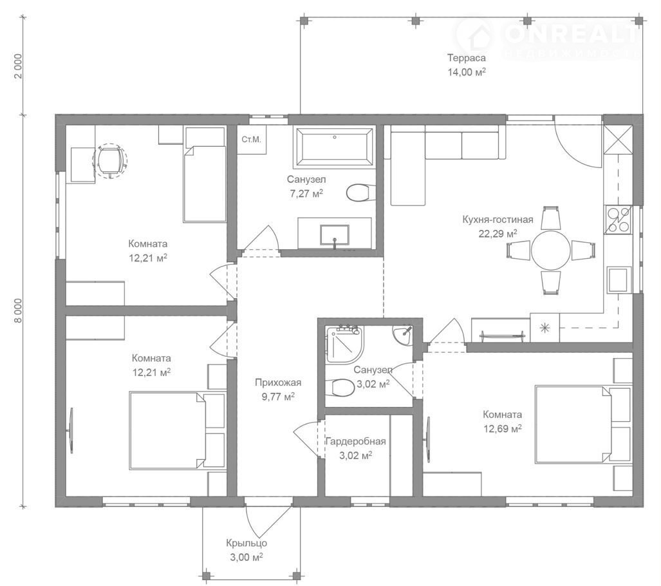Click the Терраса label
466,58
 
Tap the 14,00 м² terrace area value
466,72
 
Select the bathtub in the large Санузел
334,147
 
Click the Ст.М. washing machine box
251,139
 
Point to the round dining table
550,250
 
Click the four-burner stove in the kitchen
619,220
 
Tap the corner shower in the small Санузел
344,344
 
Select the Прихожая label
278,383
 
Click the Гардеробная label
355,441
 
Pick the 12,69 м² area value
502,429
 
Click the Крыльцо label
247,543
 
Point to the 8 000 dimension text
17,310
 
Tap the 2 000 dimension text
17,66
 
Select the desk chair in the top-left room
110,160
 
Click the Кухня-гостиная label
498,220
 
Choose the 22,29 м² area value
498,234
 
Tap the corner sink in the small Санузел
404,334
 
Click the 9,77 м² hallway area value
278,397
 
